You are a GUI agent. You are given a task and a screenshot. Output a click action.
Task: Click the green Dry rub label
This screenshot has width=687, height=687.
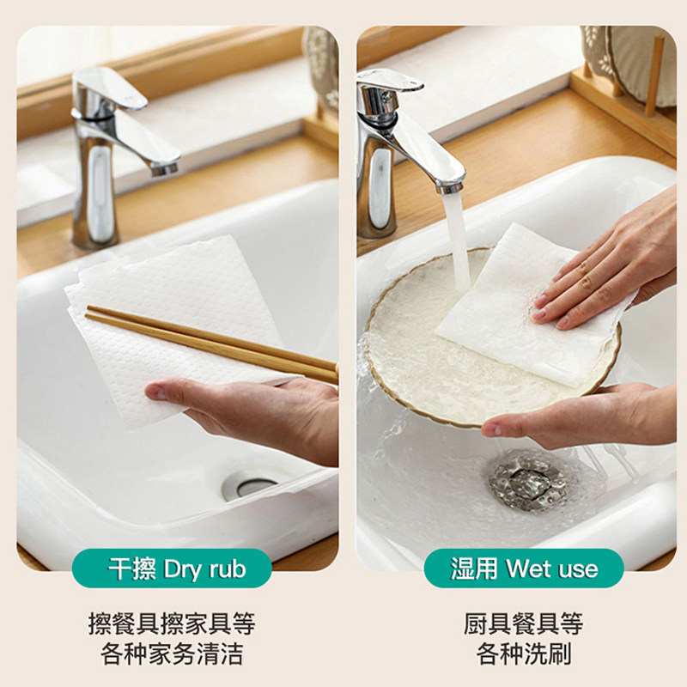pyautogui.click(x=177, y=568)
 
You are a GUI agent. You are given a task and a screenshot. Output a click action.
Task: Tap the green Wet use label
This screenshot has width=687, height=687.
pyautogui.click(x=524, y=568)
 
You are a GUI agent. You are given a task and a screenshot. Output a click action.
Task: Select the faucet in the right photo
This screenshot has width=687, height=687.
pyautogui.click(x=382, y=155)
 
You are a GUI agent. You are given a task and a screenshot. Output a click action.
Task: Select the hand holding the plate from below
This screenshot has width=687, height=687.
pyautogui.click(x=575, y=416)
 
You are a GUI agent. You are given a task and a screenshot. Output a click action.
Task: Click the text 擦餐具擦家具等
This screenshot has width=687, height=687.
pyautogui.click(x=172, y=623)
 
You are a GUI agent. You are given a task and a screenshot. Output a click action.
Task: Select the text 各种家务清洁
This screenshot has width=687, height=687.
pyautogui.click(x=172, y=654)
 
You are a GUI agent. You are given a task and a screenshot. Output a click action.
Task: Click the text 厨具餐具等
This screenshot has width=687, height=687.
pyautogui.click(x=524, y=623)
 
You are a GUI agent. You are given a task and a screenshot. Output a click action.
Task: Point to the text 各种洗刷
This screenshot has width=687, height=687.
pyautogui.click(x=524, y=654)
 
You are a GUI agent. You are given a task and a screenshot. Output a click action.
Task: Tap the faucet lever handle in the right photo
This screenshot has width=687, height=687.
pyautogui.click(x=391, y=82)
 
